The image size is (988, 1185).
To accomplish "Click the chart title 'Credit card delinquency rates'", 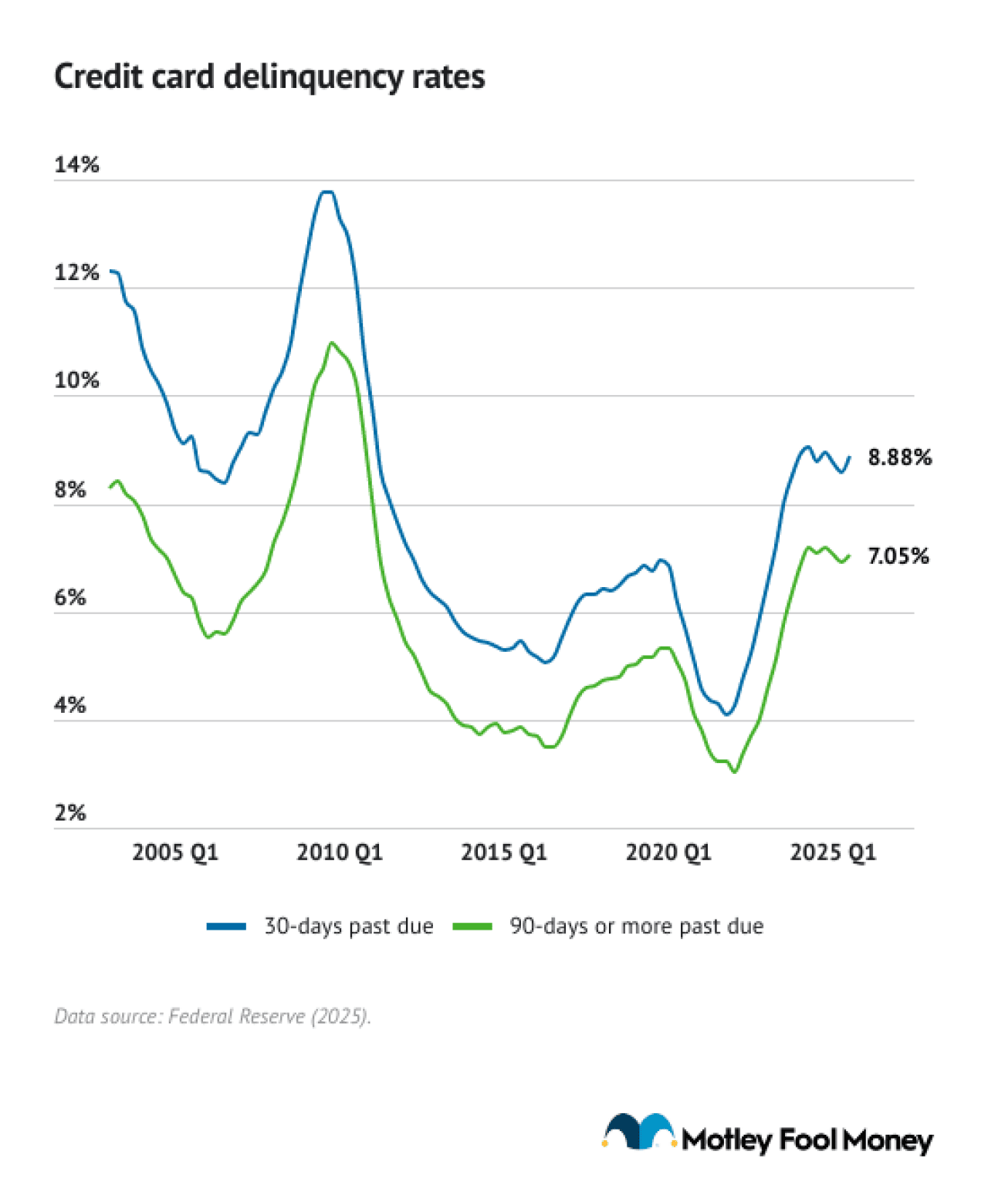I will tap(269, 77).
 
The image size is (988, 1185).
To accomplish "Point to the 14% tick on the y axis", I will tap(76, 164).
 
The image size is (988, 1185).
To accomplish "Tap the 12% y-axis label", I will tap(76, 272).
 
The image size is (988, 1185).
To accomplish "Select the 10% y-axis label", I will tap(76, 380).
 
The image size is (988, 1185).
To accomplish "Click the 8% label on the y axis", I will tap(69, 489).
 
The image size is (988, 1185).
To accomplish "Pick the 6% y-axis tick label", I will tap(69, 597).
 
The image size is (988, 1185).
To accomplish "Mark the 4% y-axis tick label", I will tap(69, 705).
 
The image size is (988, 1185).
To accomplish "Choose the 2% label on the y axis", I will tap(69, 812).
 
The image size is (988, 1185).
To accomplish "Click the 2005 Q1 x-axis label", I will tap(175, 852).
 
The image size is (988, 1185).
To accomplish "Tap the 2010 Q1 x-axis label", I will tap(340, 852).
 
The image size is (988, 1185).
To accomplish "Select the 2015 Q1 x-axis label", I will tap(504, 852).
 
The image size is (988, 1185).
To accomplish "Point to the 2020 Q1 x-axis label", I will tap(668, 852).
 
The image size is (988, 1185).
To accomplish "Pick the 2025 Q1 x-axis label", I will tap(833, 852).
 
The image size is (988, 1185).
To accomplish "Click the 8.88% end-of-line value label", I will tap(899, 457).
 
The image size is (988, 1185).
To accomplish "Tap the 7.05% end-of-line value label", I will tap(898, 556).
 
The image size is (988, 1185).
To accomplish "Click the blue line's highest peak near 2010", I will tap(327, 191).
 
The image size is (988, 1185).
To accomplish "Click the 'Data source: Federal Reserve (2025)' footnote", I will tap(212, 1016).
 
